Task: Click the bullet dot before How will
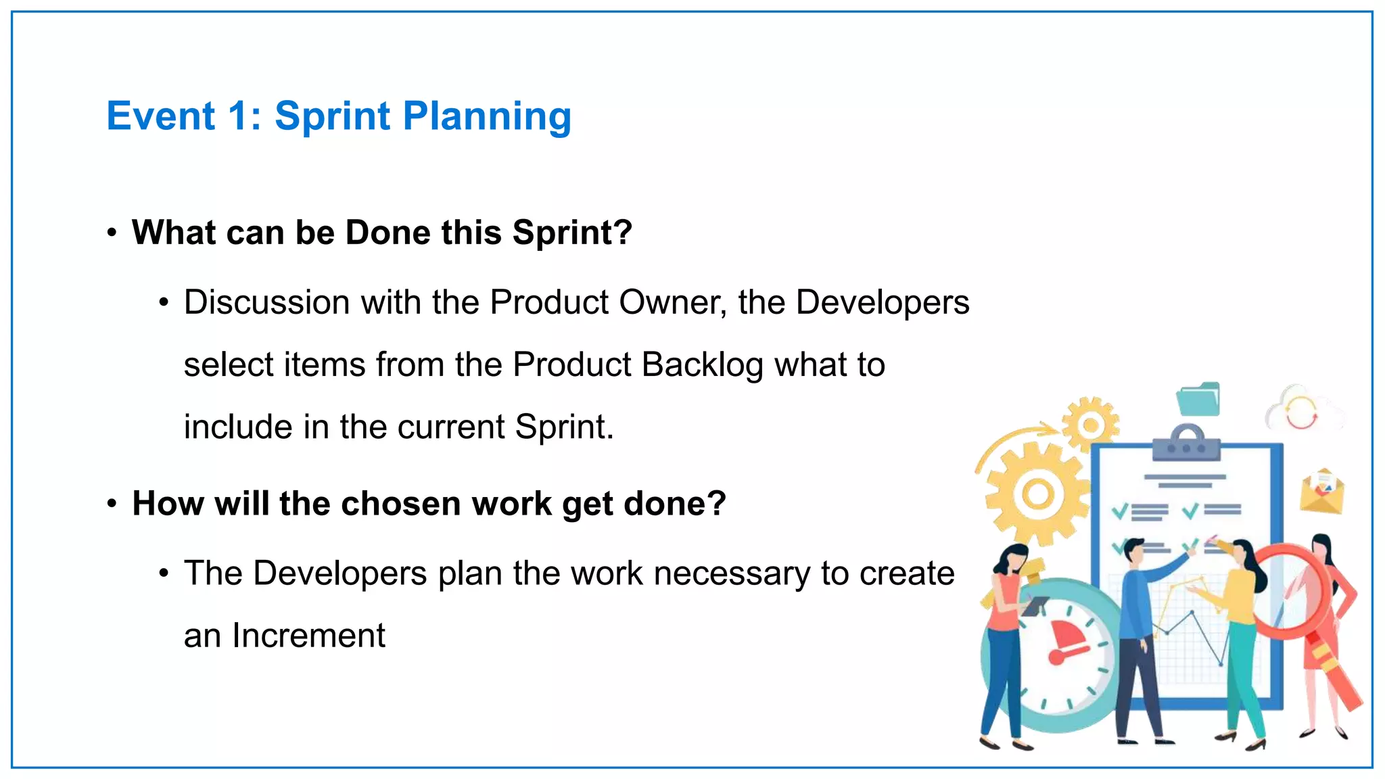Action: click(x=112, y=504)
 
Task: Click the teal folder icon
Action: click(x=1198, y=399)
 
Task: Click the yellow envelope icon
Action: click(x=1321, y=492)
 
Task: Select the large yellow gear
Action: click(x=1037, y=494)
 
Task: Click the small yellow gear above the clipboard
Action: click(x=1089, y=425)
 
